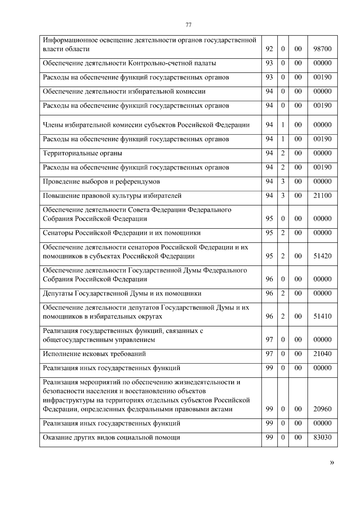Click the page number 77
pyautogui.click(x=188, y=25)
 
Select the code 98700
pyautogui.click(x=322, y=49)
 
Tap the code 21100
pyautogui.click(x=322, y=196)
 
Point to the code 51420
pyautogui.click(x=322, y=256)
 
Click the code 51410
pyautogui.click(x=322, y=316)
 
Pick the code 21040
pyautogui.click(x=322, y=354)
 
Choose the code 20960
pyautogui.click(x=322, y=409)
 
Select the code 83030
pyautogui.click(x=322, y=438)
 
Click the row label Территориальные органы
pyautogui.click(x=82, y=154)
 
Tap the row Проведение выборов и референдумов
pyautogui.click(x=101, y=182)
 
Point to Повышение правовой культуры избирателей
pyautogui.click(x=112, y=196)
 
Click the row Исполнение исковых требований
pyautogui.click(x=94, y=354)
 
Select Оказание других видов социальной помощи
pyautogui.click(x=111, y=438)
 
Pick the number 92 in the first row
pyautogui.click(x=269, y=49)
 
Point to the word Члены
pyautogui.click(x=52, y=125)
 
